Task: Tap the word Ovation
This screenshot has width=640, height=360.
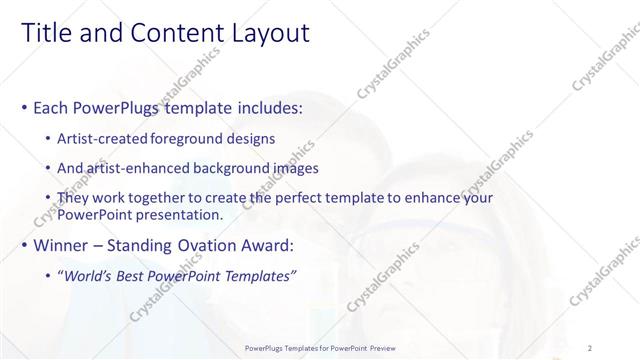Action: pyautogui.click(x=205, y=245)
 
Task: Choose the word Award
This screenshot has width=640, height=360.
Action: pyautogui.click(x=266, y=245)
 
